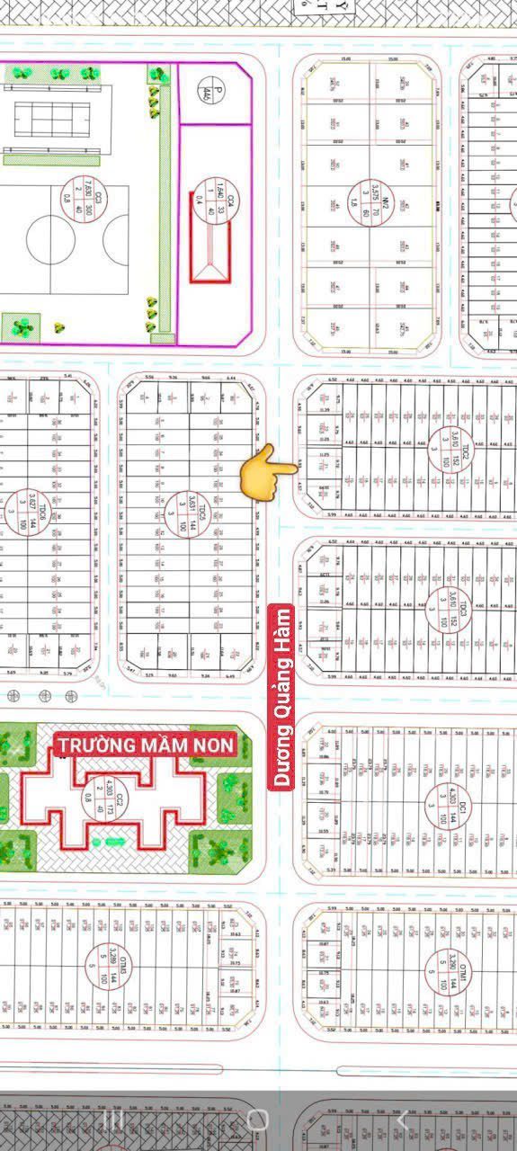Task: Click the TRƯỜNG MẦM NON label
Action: tap(145, 745)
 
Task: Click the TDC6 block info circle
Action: tap(43, 515)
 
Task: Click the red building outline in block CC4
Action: tap(210, 251)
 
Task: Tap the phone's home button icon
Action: tap(258, 1120)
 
